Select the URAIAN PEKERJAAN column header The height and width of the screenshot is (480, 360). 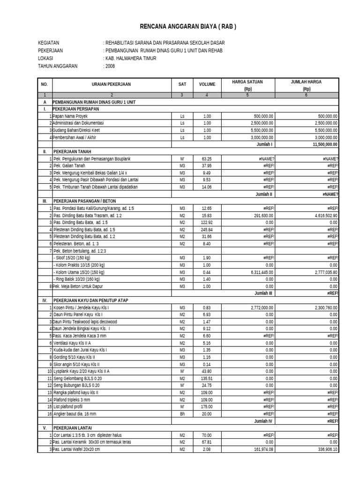tap(111, 84)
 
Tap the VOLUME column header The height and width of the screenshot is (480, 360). tap(207, 84)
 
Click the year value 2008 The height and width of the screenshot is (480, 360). tap(110, 67)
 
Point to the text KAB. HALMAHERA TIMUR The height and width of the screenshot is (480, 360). tap(131, 59)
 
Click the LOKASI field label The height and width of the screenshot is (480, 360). tap(45, 59)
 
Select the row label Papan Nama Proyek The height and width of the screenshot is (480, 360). tap(70, 116)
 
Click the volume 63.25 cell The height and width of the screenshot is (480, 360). tap(207, 159)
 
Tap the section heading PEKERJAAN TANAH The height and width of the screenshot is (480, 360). tap(72, 152)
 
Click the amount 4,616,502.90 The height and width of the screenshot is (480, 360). tap(323, 215)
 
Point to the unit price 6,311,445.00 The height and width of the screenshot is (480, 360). tap(262, 272)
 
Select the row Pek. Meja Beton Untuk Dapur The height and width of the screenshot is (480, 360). tap(77, 286)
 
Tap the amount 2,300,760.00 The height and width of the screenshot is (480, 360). tap(323, 307)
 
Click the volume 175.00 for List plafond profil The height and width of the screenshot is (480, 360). tap(207, 406)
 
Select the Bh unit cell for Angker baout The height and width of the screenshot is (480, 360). tap(182, 413)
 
